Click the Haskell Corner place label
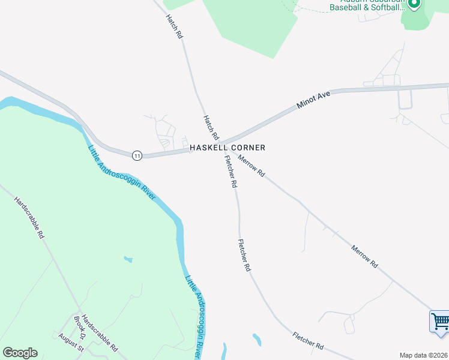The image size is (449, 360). pyautogui.click(x=228, y=148)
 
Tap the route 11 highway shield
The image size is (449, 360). pyautogui.click(x=137, y=155)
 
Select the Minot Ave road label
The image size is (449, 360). pyautogui.click(x=313, y=100)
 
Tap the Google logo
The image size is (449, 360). pyautogui.click(x=20, y=353)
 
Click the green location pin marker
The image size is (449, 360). pyautogui.click(x=414, y=4)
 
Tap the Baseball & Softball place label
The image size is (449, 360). pyautogui.click(x=368, y=8)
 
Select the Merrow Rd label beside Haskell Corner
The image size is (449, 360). pyautogui.click(x=252, y=165)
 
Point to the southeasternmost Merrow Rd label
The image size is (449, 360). pyautogui.click(x=365, y=256)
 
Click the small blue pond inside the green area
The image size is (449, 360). pyautogui.click(x=128, y=259)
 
